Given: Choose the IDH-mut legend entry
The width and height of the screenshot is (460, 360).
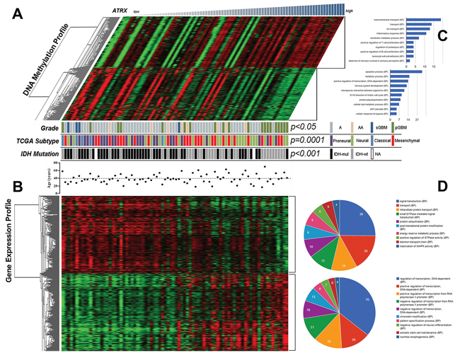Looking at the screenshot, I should pyautogui.click(x=343, y=153).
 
